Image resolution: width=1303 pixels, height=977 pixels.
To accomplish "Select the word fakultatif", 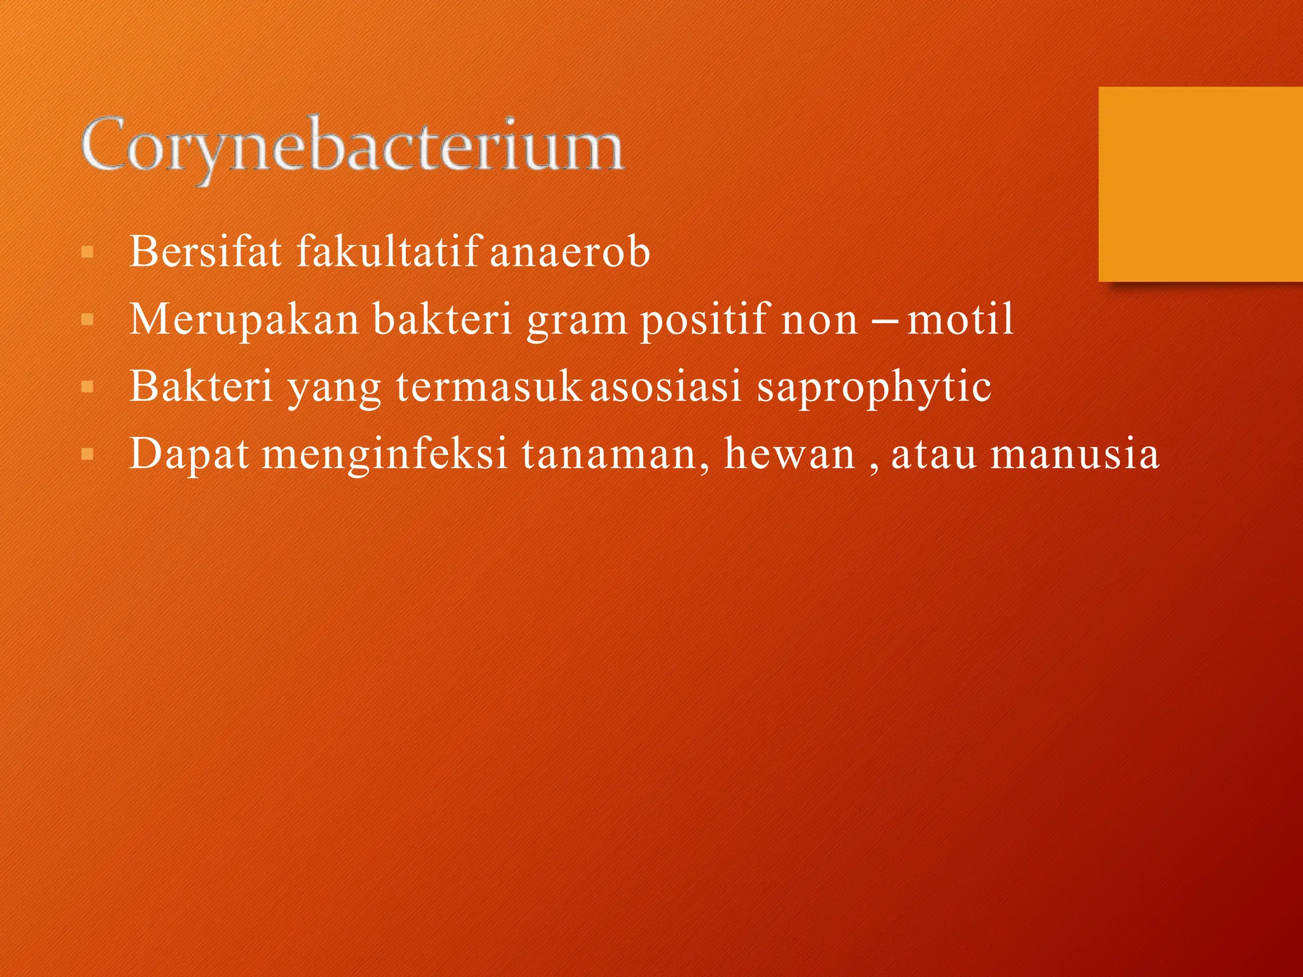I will (387, 251).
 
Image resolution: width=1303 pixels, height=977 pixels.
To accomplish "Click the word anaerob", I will (569, 253).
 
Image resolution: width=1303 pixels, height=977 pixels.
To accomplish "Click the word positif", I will (704, 319).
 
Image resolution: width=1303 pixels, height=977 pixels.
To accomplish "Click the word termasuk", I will (489, 386).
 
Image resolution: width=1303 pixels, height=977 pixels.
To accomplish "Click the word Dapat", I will (189, 454).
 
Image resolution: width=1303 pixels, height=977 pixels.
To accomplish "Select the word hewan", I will (789, 454).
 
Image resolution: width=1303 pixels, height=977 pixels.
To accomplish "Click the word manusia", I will (1075, 454).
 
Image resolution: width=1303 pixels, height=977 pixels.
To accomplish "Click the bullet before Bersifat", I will (88, 253).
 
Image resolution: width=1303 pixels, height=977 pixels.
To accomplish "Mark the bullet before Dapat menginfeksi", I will (88, 455).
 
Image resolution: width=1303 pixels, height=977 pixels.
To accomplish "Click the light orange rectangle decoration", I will (1200, 184).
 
